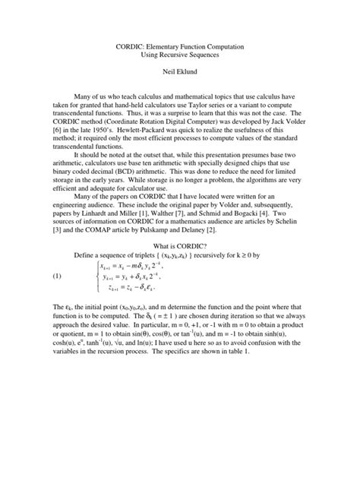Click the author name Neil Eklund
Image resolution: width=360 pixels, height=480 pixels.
click(x=179, y=77)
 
